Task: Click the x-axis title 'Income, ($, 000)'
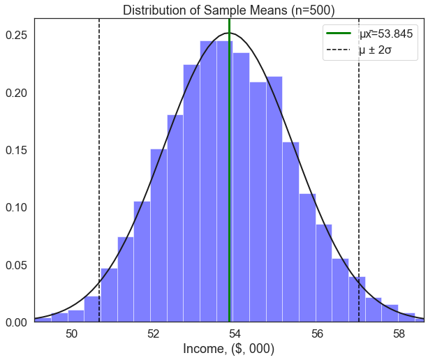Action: (x=228, y=348)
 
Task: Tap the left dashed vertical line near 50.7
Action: (x=99, y=174)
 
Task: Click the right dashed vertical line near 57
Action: (x=359, y=174)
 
